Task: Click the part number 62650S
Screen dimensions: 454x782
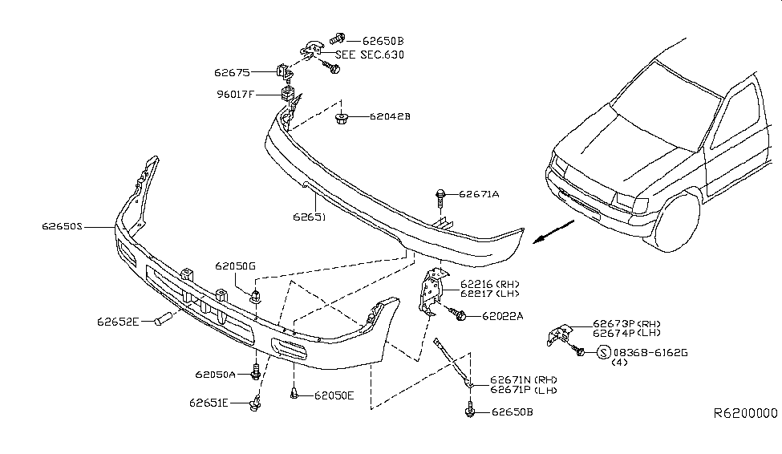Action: coord(63,227)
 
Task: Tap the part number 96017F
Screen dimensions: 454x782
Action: coord(234,95)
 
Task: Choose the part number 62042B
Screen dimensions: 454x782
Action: coord(390,116)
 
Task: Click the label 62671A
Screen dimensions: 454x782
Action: coord(480,194)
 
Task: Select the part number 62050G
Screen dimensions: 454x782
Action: coord(234,266)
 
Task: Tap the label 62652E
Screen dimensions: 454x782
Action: coord(119,321)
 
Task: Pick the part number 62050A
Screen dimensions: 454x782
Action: coord(214,375)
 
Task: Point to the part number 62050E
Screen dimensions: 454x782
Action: coord(334,395)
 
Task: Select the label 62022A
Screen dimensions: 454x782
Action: coord(502,316)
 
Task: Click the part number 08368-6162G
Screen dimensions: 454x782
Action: coord(650,352)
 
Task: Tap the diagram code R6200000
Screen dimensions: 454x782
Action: coord(745,415)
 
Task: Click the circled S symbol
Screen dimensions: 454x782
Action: coord(602,352)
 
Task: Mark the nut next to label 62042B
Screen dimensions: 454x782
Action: coord(340,120)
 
